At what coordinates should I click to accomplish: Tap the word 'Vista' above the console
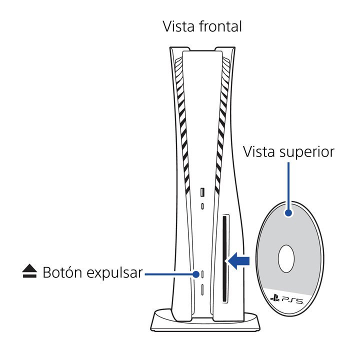click(x=177, y=26)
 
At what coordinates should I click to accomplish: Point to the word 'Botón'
click(x=62, y=273)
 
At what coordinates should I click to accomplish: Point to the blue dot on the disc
click(x=288, y=213)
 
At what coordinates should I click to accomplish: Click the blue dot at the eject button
click(x=196, y=273)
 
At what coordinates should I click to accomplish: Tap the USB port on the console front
click(x=202, y=192)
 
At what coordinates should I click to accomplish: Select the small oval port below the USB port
click(x=202, y=206)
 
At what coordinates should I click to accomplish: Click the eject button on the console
click(x=202, y=273)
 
